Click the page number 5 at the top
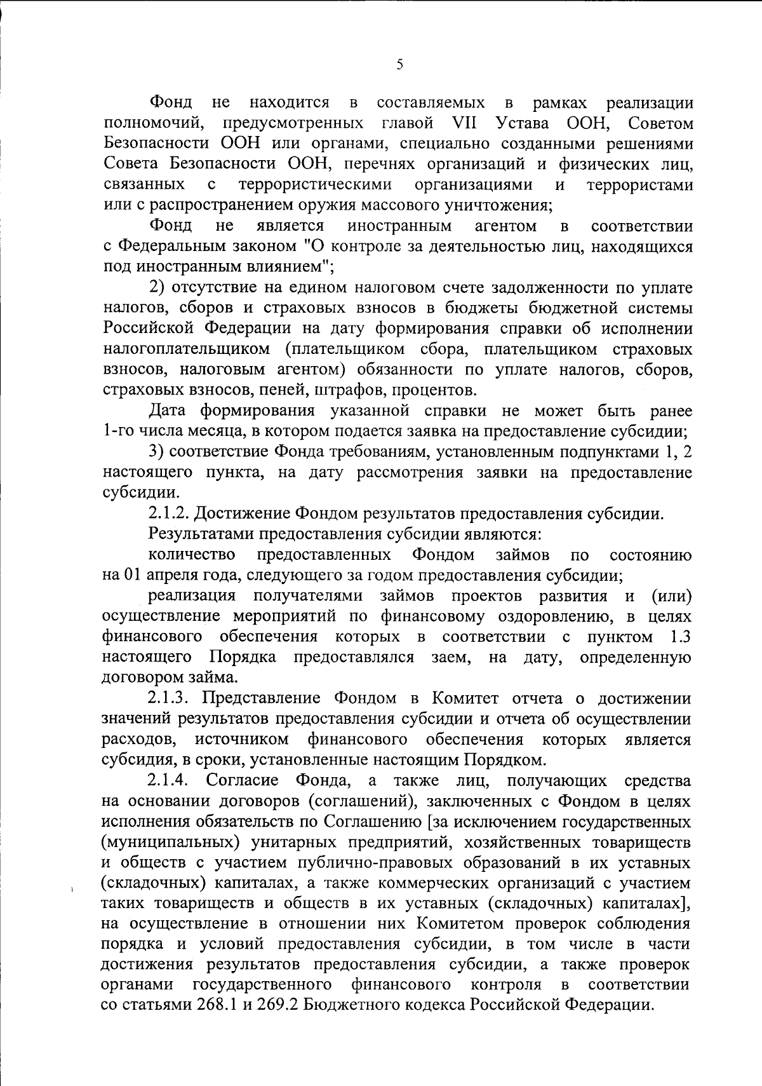[399, 65]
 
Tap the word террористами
[640, 185]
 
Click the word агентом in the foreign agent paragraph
[505, 226]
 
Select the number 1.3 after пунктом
[680, 637]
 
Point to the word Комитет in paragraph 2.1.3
[460, 698]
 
